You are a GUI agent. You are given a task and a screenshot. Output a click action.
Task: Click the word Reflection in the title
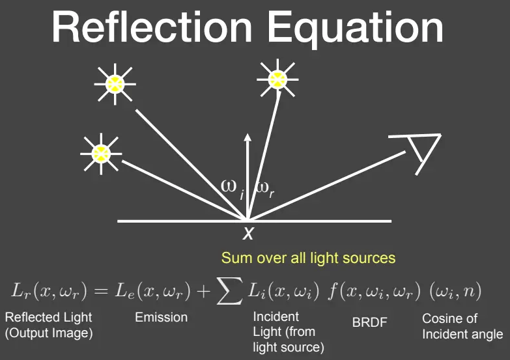coord(152,27)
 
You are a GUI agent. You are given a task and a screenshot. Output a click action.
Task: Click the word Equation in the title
coord(356,30)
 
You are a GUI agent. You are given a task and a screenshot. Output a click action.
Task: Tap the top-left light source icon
coord(115,84)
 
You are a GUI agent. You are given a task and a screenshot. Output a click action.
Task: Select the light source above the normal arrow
coord(277,79)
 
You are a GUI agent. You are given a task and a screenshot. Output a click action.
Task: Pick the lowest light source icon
coord(101,154)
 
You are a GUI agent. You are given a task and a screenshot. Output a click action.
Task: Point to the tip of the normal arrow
coord(248,133)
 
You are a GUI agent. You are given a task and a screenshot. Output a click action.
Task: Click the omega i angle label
coord(233,189)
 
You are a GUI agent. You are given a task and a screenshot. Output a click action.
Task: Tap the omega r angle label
coord(265,189)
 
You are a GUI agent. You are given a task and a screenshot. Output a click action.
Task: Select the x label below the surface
coord(248,233)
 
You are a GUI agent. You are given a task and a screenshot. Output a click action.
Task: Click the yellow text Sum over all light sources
coord(308,258)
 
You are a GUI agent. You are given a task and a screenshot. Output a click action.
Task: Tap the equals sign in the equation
coord(100,290)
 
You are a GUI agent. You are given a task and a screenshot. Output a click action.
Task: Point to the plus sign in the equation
coord(204,291)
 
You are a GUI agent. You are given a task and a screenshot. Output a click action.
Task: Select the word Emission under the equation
coord(162,317)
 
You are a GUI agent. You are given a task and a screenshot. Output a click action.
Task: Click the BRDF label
coord(369,322)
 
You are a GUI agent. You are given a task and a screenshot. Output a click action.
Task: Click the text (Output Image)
coord(49,333)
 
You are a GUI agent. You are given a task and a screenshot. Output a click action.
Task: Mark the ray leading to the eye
coord(326,186)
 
